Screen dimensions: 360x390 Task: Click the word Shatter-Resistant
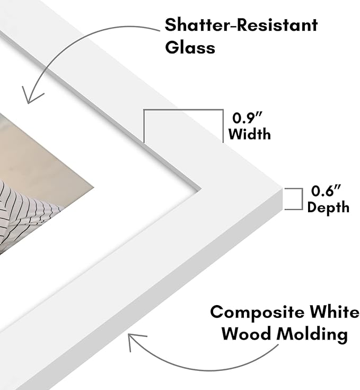click(241, 25)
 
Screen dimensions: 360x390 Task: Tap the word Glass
click(190, 47)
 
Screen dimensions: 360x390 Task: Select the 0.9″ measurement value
click(247, 118)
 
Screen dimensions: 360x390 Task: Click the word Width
click(249, 134)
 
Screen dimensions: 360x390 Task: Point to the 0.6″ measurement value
click(326, 191)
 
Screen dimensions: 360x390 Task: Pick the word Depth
click(328, 207)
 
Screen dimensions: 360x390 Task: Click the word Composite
click(257, 313)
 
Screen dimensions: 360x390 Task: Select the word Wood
click(246, 333)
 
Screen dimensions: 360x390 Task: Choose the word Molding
click(312, 334)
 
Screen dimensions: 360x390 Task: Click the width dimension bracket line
click(183, 110)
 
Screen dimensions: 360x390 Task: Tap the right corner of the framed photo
click(94, 187)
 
